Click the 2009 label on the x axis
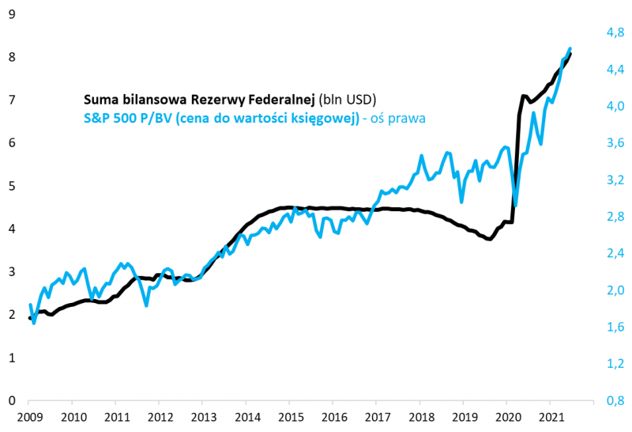pos(29,416)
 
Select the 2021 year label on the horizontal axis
pos(551,416)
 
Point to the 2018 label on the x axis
pos(420,416)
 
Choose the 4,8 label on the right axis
pos(615,32)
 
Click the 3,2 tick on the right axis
pos(615,180)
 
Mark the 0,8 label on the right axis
pos(615,400)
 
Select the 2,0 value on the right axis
pos(615,290)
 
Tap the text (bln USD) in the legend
pos(348,100)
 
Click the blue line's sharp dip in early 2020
pos(515,204)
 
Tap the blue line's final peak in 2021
pos(570,48)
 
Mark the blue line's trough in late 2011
pos(146,305)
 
